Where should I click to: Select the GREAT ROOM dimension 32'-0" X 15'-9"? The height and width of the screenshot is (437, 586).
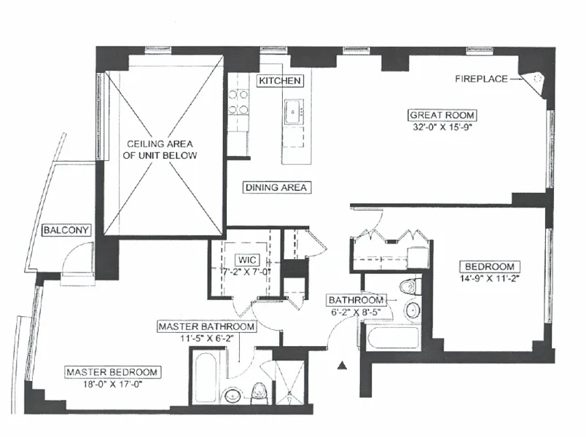tap(442, 127)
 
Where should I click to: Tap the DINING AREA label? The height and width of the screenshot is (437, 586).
tap(277, 187)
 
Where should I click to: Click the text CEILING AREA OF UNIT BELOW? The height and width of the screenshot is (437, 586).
tap(162, 149)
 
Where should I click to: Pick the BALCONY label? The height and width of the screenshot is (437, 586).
tap(66, 230)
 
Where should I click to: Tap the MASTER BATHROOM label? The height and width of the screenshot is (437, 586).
tap(207, 327)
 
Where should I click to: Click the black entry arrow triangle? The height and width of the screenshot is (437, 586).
tap(341, 366)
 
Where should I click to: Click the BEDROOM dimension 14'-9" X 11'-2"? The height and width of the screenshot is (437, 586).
tap(488, 278)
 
